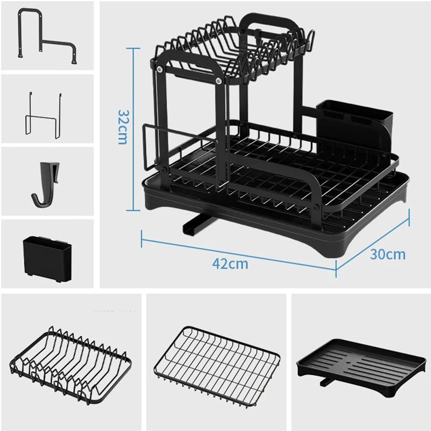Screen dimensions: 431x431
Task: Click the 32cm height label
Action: [122, 127]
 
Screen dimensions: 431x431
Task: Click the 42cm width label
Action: [230, 264]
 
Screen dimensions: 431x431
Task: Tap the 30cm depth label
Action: [387, 254]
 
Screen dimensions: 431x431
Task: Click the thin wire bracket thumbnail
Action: [41, 112]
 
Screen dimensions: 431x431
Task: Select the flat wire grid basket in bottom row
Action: [217, 357]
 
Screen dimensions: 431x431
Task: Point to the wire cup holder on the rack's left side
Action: [156, 145]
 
